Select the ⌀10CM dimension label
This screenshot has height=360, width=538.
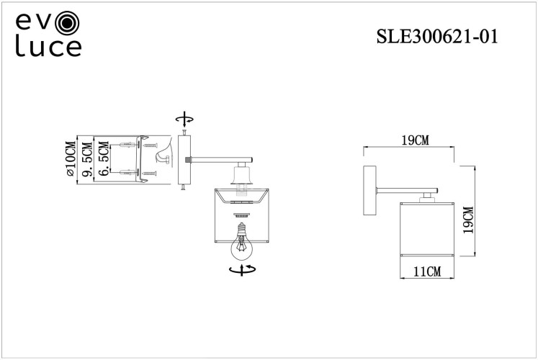click(70, 160)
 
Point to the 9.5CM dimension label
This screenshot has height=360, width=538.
click(87, 160)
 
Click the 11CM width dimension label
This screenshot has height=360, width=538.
click(427, 271)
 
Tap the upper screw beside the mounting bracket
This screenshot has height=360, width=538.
click(151, 146)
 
